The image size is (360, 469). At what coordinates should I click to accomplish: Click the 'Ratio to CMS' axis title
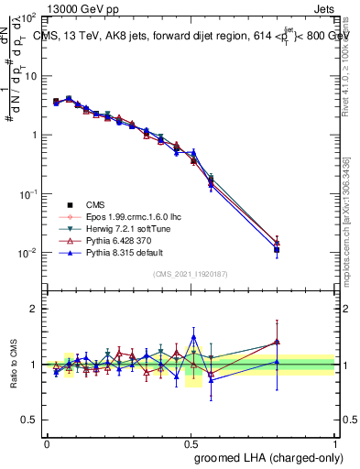coord(13,365)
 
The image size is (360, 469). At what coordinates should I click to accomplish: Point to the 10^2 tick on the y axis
coord(28,17)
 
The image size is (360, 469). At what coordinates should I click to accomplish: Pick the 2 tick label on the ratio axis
coord(35,309)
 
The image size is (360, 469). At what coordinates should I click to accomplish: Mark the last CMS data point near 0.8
coord(277,249)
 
